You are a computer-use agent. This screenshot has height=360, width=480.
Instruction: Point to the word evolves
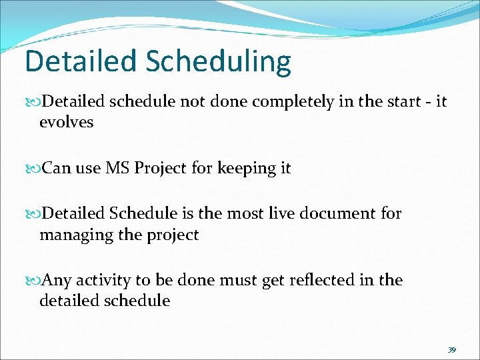pos(67,123)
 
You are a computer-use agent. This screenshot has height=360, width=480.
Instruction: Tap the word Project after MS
pos(162,169)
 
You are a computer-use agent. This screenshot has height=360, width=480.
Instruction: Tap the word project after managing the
pos(175,235)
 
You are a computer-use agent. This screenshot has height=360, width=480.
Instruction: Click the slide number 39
pos(452,349)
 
